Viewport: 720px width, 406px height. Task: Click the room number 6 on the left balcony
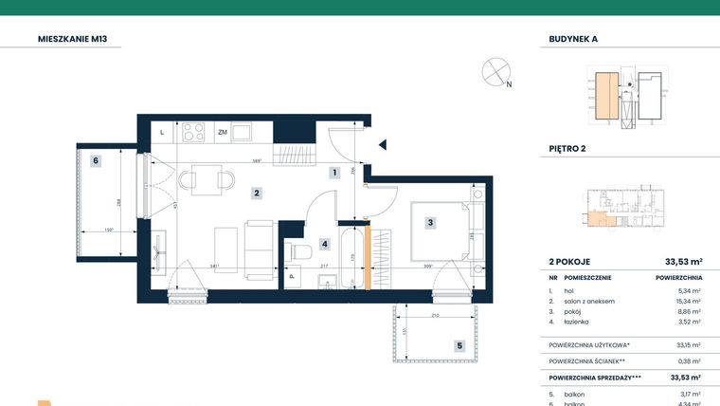(96, 161)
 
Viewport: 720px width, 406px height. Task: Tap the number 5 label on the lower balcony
(459, 346)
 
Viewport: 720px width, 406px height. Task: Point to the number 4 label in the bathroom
(323, 244)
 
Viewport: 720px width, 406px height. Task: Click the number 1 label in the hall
(333, 173)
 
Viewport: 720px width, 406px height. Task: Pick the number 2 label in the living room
(256, 194)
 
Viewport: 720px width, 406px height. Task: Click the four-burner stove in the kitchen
(195, 131)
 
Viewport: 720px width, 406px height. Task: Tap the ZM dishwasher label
(222, 132)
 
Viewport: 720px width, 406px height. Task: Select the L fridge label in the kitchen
(162, 132)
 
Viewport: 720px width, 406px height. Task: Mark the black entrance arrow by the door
(383, 145)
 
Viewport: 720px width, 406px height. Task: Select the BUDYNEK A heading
(574, 40)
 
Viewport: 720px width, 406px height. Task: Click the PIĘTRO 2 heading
(567, 148)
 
